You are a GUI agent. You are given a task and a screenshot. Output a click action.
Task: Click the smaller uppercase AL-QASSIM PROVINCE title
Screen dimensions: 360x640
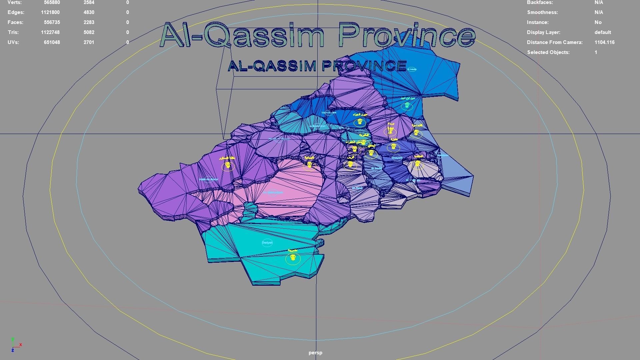pyautogui.click(x=317, y=66)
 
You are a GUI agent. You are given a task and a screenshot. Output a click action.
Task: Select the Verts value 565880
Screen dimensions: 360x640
pyautogui.click(x=52, y=3)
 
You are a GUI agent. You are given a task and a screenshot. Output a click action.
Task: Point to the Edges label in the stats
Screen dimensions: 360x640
pyautogui.click(x=16, y=12)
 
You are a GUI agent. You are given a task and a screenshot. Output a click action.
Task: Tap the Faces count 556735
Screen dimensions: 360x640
pyautogui.click(x=52, y=22)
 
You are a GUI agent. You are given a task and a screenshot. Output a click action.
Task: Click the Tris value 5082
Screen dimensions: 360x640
pyautogui.click(x=89, y=32)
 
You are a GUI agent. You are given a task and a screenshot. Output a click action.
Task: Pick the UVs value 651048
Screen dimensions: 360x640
pyautogui.click(x=52, y=42)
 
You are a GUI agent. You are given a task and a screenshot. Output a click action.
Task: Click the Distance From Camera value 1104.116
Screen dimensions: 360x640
pyautogui.click(x=604, y=42)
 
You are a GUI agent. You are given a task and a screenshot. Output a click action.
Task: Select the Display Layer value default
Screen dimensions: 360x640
pyautogui.click(x=603, y=32)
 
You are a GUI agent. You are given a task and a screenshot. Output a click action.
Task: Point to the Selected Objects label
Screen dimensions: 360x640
pyautogui.click(x=548, y=52)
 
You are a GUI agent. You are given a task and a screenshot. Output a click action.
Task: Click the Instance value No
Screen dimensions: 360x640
pyautogui.click(x=598, y=22)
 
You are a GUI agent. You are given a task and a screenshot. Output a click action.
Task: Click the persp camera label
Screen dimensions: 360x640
pyautogui.click(x=315, y=353)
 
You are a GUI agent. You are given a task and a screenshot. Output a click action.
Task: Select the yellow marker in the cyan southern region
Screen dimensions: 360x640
pyautogui.click(x=293, y=257)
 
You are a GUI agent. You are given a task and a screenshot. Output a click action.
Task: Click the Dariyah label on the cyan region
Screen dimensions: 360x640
pyautogui.click(x=267, y=243)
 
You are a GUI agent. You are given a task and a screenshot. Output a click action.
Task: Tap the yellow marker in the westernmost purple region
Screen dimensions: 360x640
pyautogui.click(x=228, y=165)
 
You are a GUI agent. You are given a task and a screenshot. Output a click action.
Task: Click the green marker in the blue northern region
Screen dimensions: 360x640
pyautogui.click(x=407, y=105)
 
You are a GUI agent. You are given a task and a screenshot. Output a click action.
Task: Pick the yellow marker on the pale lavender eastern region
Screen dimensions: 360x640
pyautogui.click(x=417, y=163)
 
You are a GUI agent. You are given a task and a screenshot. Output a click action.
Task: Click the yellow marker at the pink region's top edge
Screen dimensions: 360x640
pyautogui.click(x=309, y=165)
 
